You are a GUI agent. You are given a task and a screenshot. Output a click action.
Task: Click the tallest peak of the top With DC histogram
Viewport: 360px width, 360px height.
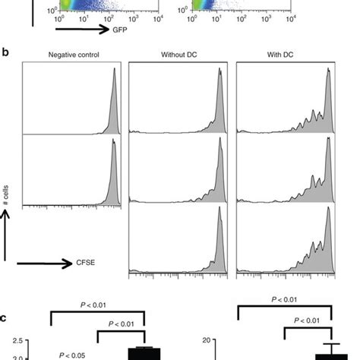[x=328, y=71]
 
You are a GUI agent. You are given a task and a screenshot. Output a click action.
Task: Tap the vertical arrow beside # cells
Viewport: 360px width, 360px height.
[x=7, y=235]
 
